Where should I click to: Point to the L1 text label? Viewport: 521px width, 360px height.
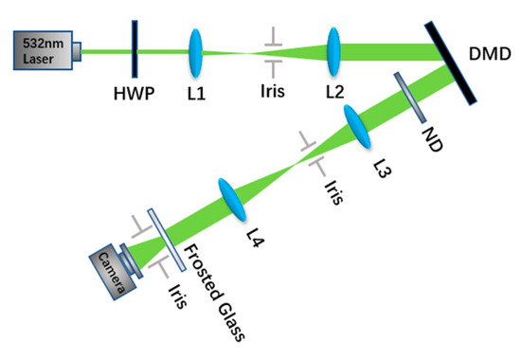pyautogui.click(x=197, y=95)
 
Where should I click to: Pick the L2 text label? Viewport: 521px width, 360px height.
pyautogui.click(x=334, y=95)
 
